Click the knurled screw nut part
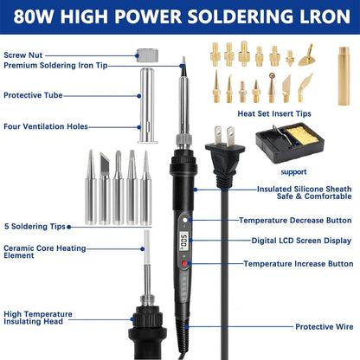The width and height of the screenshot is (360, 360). pos(147,55)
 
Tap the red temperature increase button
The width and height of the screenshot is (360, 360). pos(184,263)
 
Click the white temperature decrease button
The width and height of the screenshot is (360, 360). pos(185,220)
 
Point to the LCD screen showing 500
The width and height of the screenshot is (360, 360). pos(183,241)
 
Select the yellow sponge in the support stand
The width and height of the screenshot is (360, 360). pos(302,135)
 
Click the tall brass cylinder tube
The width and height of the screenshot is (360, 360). pos(344,75)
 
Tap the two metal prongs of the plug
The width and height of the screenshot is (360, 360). pos(224,136)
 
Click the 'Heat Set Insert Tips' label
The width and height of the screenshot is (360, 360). pos(274,113)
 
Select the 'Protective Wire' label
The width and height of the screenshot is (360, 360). pos(325,327)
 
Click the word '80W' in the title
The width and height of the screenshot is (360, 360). pos(33,16)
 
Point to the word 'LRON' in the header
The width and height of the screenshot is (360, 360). pos(325,16)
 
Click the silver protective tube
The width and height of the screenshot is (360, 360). pos(147,106)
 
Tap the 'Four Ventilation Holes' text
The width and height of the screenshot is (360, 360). pos(46,126)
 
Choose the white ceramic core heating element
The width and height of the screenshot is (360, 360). pos(147,247)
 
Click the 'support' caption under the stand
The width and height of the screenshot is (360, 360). pos(293,172)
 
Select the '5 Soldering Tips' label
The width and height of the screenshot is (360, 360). pos(35,227)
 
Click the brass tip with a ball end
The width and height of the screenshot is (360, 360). pos(272,87)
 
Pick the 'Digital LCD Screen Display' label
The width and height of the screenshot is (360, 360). pos(301,241)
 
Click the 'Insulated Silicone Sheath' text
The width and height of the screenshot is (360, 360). pos(304,189)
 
